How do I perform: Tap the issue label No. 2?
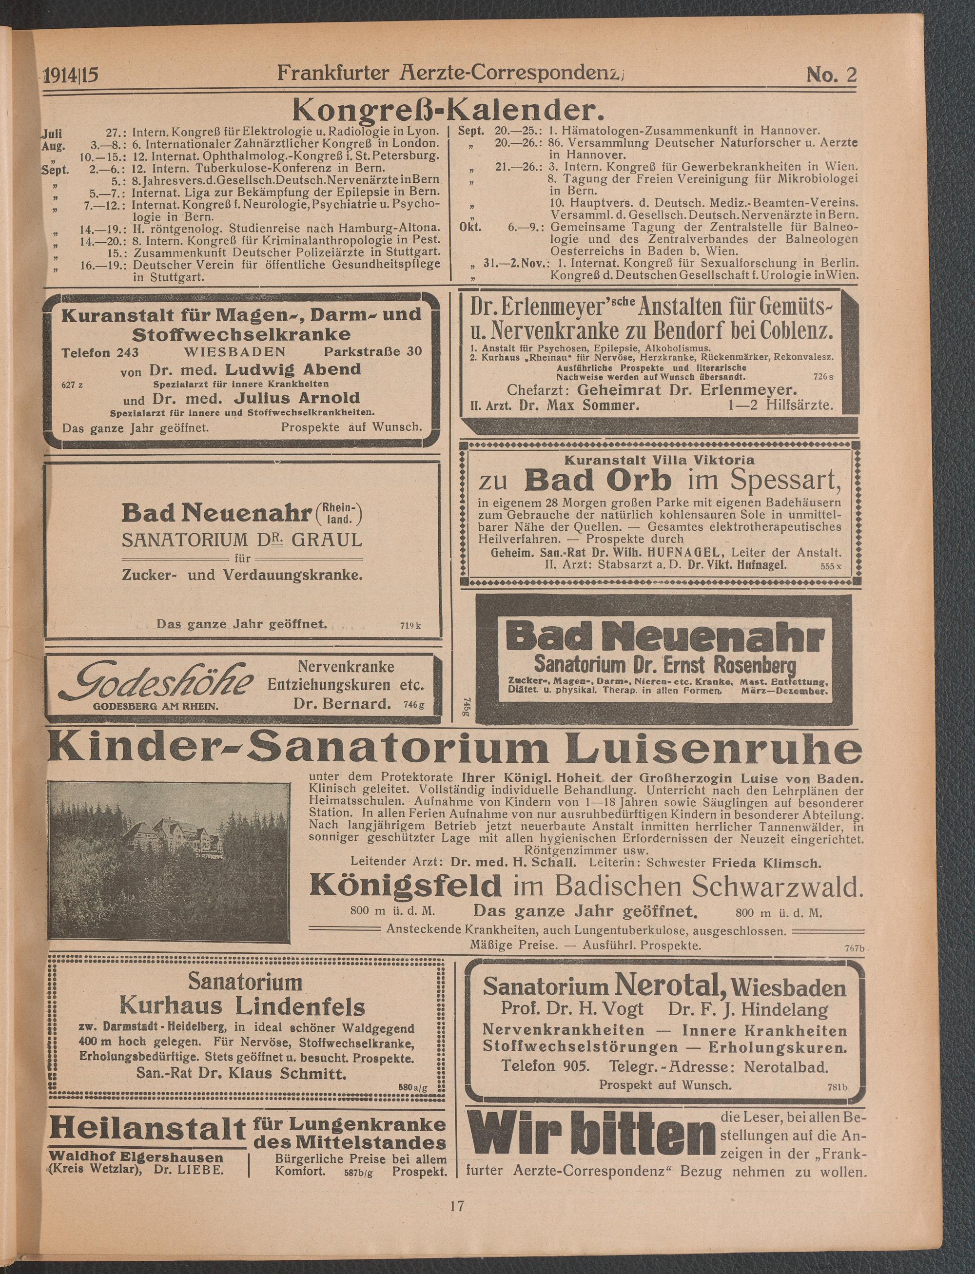(x=831, y=76)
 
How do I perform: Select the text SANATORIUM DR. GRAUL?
(x=242, y=540)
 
